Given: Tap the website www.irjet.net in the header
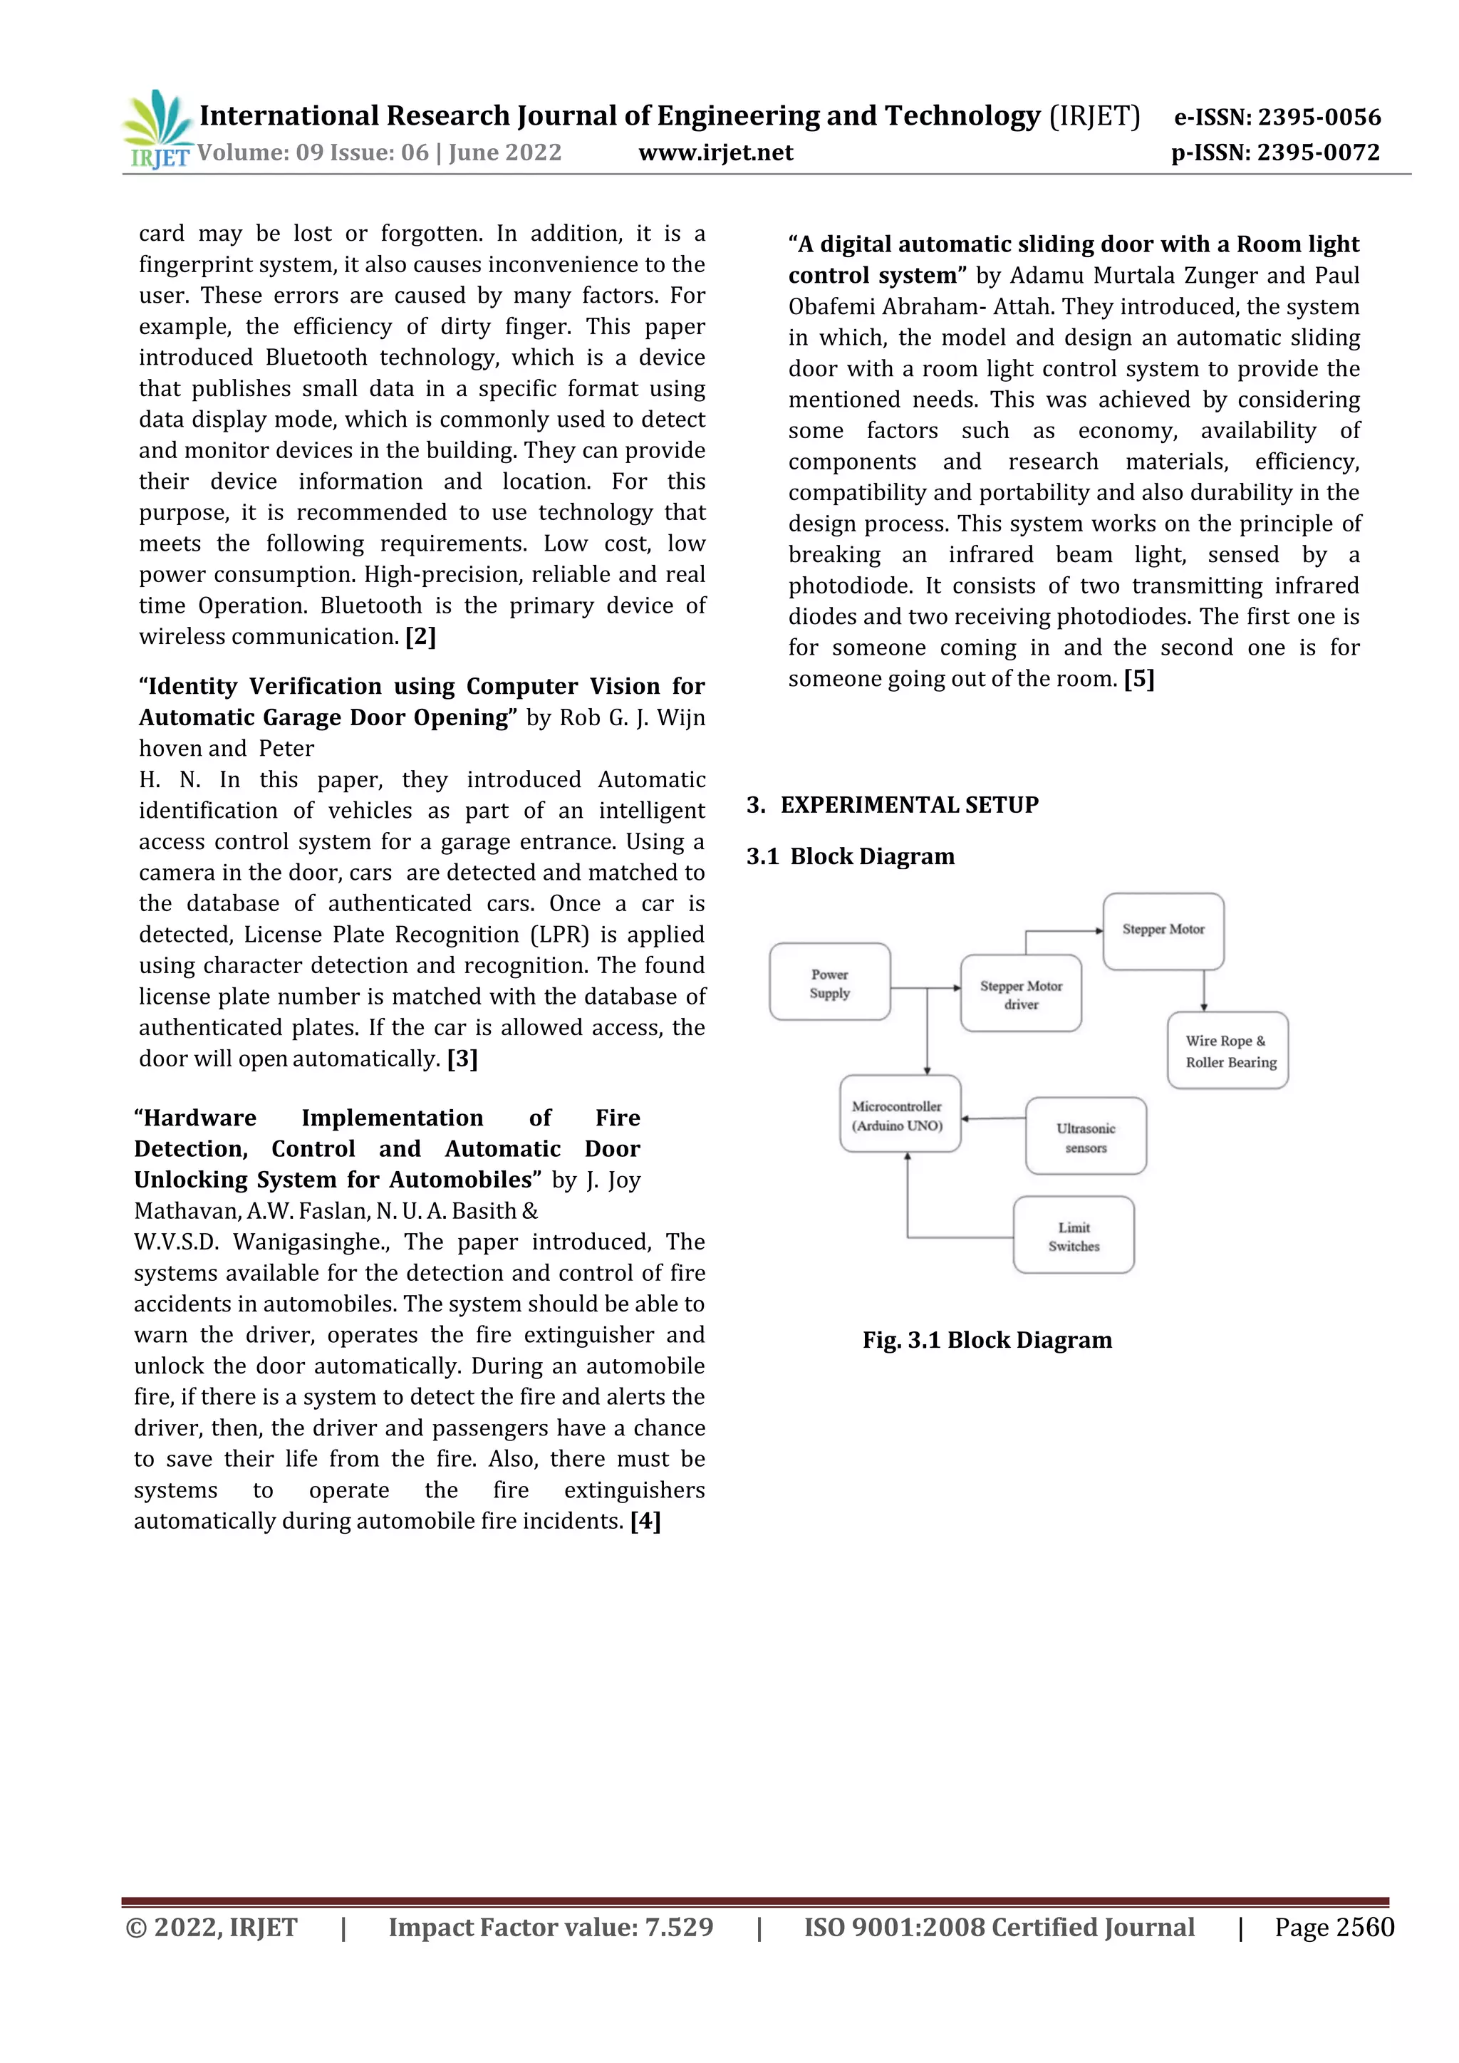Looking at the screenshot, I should pos(715,152).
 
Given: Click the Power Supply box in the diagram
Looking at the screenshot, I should pos(829,982).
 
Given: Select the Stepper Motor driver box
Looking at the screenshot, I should pos(1021,994).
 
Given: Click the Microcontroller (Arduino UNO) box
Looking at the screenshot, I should pos(899,1114).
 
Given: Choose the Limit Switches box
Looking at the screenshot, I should pos(1074,1235).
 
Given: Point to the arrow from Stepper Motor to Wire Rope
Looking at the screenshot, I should pos(1204,991).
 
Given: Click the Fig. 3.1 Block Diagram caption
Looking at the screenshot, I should pos(987,1340).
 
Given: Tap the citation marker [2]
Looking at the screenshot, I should pos(420,636).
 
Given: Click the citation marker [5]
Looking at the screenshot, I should pos(1138,678).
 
